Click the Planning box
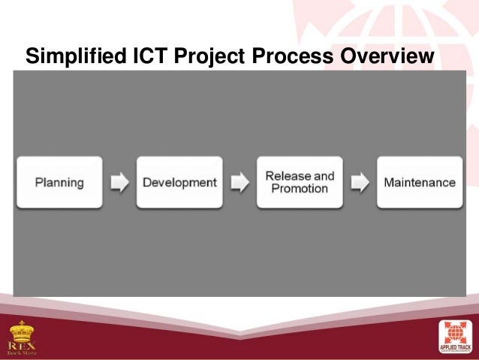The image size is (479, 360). click(x=59, y=183)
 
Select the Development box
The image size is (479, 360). click(x=179, y=183)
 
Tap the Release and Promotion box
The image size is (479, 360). click(x=300, y=183)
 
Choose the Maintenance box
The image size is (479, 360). click(x=419, y=183)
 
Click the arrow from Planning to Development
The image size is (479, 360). click(x=119, y=183)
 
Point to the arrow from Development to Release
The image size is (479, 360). click(x=239, y=183)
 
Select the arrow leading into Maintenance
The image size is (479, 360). click(x=360, y=183)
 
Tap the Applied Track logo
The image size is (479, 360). click(x=454, y=337)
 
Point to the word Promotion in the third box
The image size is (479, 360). click(x=300, y=189)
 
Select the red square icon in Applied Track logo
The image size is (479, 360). click(x=454, y=333)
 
